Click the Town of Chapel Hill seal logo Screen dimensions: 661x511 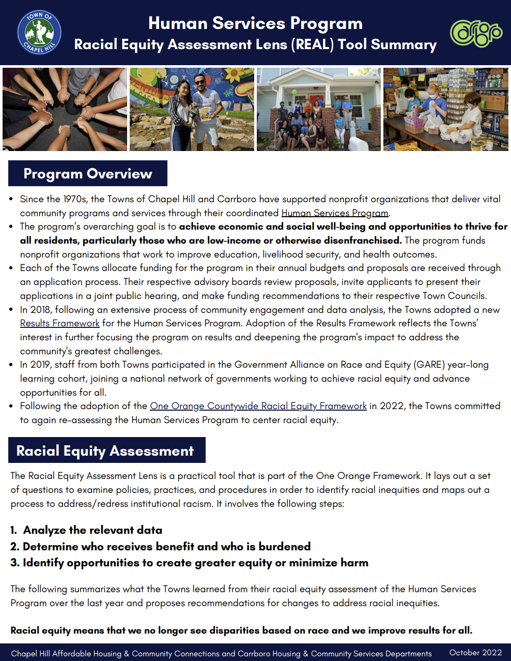pyautogui.click(x=39, y=32)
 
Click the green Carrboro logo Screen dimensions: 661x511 pyautogui.click(x=476, y=33)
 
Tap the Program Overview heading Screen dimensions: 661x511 pyautogui.click(x=88, y=174)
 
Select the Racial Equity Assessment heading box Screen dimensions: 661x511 pyautogui.click(x=105, y=450)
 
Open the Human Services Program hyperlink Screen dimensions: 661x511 pyautogui.click(x=334, y=213)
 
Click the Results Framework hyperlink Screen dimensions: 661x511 pyautogui.click(x=60, y=323)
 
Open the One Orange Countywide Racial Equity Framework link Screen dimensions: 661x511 pyautogui.click(x=258, y=406)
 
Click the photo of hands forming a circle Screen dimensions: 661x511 pyautogui.click(x=65, y=109)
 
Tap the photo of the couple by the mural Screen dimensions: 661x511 pyautogui.click(x=192, y=109)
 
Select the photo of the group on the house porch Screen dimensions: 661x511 pyautogui.click(x=319, y=109)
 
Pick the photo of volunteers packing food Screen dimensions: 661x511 pyautogui.click(x=446, y=109)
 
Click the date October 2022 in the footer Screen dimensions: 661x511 pyautogui.click(x=475, y=653)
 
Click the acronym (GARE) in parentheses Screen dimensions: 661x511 pyautogui.click(x=429, y=365)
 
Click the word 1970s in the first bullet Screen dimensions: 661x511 pyautogui.click(x=74, y=199)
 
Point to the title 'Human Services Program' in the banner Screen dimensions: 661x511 pyautogui.click(x=255, y=23)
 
